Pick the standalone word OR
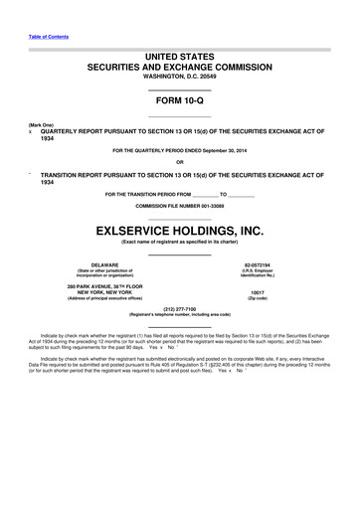point(180,162)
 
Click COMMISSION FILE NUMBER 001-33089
point(180,205)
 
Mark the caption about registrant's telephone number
point(180,314)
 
